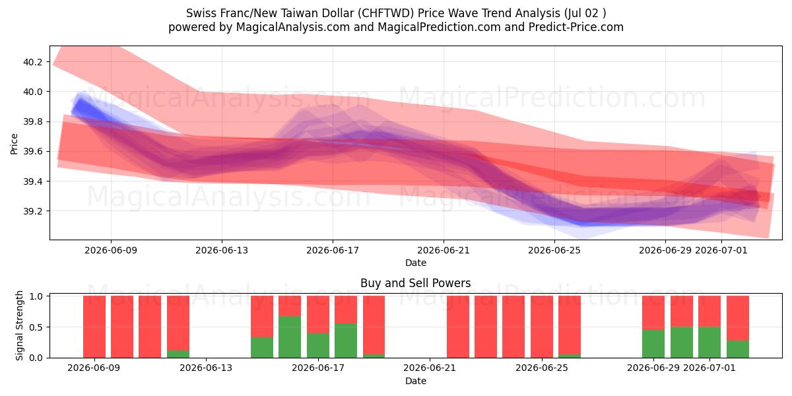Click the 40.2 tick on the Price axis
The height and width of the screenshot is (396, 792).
pos(32,62)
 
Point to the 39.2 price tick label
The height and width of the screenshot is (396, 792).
pos(32,211)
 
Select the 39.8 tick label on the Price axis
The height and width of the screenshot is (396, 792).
pos(32,122)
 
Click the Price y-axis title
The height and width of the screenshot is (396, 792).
pos(14,144)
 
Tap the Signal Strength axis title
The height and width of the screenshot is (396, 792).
pos(19,325)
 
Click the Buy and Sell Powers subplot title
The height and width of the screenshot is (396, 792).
pos(415,283)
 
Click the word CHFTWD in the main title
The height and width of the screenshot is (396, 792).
pos(385,13)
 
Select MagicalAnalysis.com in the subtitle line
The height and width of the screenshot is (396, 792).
pos(293,27)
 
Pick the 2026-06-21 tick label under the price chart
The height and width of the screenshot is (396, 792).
pos(444,250)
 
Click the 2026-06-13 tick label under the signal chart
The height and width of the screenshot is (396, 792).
pos(206,368)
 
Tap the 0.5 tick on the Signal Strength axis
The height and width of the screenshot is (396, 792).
pos(37,327)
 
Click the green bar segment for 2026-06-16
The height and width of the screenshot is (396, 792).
pos(290,337)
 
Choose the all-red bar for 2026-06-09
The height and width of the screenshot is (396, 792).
pos(94,327)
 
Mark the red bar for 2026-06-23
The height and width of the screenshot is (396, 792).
pos(486,327)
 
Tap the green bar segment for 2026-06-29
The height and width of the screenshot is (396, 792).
pos(653,344)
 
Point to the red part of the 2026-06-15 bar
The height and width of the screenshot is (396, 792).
pos(262,316)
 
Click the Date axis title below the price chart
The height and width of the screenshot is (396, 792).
pos(415,263)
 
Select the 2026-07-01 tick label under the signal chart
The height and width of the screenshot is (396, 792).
pos(709,368)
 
